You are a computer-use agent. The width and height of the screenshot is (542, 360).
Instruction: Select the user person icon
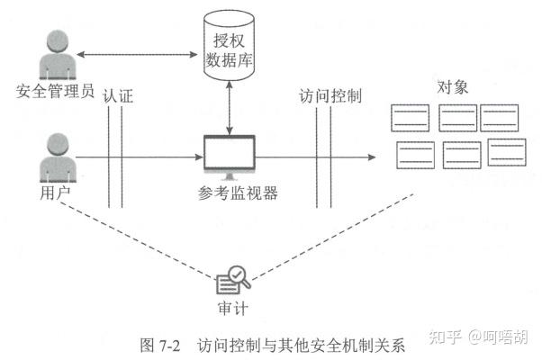54,158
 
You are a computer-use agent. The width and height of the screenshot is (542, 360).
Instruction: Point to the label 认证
119,95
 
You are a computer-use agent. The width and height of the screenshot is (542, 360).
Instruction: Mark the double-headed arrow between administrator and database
139,56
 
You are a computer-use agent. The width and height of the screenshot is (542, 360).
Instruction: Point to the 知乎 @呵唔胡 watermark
476,337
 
